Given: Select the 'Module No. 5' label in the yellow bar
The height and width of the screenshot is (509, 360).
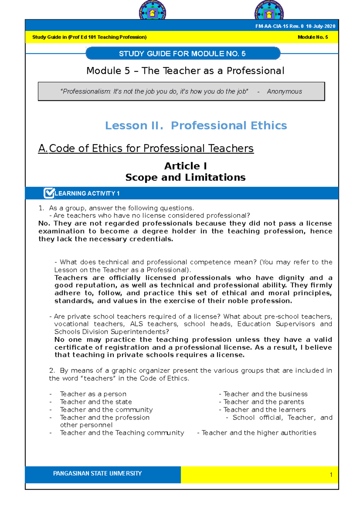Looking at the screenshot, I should (313, 37).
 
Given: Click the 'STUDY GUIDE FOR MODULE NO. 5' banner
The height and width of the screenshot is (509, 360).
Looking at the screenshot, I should (182, 54).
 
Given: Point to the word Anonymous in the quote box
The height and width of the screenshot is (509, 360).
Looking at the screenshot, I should (284, 91).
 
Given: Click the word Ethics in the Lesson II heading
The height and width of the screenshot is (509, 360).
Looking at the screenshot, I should (269, 125).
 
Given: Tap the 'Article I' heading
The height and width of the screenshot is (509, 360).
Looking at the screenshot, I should (185, 166).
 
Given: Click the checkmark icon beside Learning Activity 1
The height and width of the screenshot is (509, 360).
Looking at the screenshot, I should (49, 193).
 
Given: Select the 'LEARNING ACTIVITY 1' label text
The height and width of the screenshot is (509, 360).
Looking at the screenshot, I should (87, 193).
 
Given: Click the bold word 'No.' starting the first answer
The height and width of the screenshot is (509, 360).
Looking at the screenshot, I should (44, 223).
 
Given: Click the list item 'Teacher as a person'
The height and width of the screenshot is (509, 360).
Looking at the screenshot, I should (93, 394).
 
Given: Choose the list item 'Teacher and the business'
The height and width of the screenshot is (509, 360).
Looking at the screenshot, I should (265, 394).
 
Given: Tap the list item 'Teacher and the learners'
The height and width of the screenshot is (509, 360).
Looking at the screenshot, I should (264, 409).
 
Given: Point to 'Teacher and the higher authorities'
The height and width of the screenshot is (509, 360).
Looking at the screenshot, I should (259, 433).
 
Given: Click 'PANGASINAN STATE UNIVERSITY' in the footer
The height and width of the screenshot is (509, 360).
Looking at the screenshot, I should (97, 473).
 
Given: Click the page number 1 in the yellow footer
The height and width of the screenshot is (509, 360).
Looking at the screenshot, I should (331, 475).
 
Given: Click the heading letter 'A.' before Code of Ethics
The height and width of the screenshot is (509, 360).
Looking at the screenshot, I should (43, 148).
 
